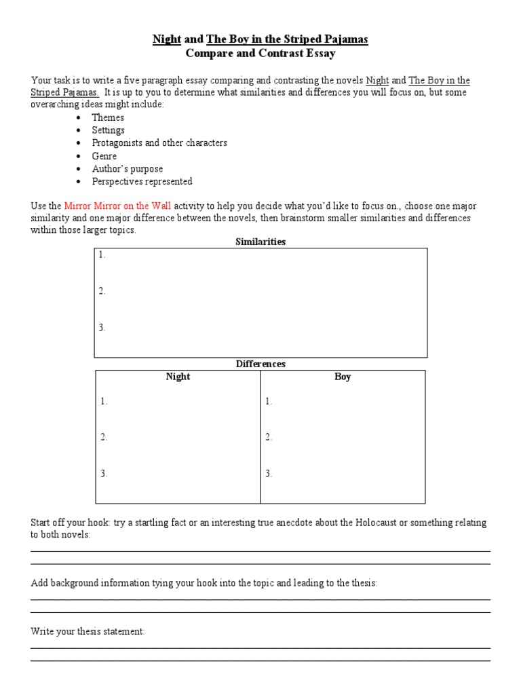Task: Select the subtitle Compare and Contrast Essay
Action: click(260, 53)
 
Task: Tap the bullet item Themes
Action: click(108, 117)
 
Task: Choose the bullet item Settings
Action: click(109, 130)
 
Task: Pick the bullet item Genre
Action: click(104, 156)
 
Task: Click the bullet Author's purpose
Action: click(128, 169)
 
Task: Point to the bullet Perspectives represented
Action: click(142, 182)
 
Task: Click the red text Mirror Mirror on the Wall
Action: click(117, 206)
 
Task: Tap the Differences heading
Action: click(260, 364)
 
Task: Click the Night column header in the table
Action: click(178, 377)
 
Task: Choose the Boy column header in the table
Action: click(343, 377)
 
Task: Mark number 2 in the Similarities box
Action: click(102, 292)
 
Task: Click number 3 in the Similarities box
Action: click(102, 328)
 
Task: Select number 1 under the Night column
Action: click(104, 402)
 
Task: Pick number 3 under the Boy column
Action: click(269, 474)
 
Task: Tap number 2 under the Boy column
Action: click(269, 438)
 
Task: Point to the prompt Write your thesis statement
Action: click(88, 632)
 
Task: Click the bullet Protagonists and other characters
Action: click(159, 143)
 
